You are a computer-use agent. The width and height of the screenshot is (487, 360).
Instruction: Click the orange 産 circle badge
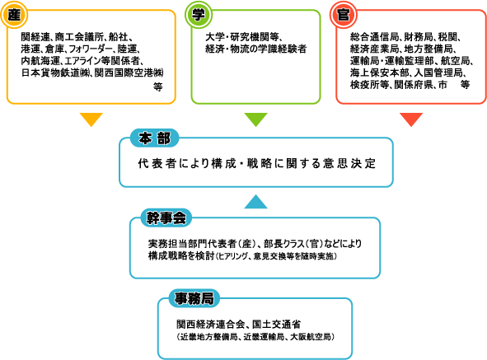14,15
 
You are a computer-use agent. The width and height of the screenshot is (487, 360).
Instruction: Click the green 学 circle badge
199,15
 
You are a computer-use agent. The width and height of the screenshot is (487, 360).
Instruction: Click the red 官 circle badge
343,15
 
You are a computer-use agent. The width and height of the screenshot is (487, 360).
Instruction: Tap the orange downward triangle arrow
91,119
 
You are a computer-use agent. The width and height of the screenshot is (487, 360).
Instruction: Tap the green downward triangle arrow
256,119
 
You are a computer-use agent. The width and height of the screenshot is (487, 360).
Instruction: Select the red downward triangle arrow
411,119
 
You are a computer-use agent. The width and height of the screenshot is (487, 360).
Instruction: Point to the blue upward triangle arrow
256,202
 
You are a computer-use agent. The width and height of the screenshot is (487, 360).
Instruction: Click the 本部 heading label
154,138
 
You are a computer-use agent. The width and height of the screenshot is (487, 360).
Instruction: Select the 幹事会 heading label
166,217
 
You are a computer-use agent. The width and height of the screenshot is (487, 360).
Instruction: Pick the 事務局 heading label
194,298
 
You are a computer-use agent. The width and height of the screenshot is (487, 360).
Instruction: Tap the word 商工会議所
79,37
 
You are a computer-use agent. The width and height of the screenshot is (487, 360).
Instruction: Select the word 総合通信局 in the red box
375,37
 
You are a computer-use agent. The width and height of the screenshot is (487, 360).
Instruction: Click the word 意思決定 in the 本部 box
349,163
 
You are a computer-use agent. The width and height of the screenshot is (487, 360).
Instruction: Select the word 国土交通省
276,325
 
